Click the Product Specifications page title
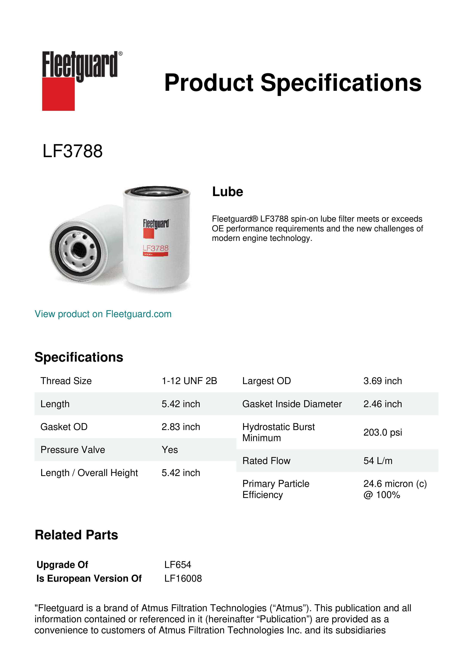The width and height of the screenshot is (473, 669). [x=292, y=83]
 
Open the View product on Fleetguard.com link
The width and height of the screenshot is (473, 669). [x=103, y=314]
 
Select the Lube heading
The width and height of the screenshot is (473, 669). [x=227, y=192]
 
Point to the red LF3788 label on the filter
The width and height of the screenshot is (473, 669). [x=156, y=248]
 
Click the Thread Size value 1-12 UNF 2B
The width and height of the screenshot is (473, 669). [x=189, y=381]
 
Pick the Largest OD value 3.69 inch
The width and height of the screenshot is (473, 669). [x=382, y=381]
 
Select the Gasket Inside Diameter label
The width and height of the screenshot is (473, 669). [x=292, y=404]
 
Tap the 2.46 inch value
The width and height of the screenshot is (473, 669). [x=382, y=404]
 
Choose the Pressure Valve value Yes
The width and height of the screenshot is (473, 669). [x=170, y=450]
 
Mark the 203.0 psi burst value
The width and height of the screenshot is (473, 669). [x=382, y=432]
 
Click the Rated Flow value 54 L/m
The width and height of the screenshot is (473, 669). [x=378, y=461]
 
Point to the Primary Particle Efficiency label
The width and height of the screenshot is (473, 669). [x=275, y=489]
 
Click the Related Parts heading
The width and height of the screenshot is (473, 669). [x=76, y=535]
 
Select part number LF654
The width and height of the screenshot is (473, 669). [x=178, y=565]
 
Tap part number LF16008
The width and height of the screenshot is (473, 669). [x=183, y=578]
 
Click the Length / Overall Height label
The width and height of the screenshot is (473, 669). [x=89, y=473]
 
